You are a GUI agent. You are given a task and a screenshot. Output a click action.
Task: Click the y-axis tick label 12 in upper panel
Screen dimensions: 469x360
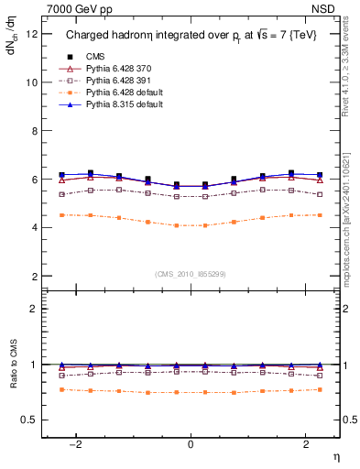[x=31, y=34]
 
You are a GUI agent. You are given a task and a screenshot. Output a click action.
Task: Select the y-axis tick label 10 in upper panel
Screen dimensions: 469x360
[x=31, y=82]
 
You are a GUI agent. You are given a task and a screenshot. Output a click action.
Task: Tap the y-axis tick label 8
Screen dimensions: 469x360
[x=34, y=131]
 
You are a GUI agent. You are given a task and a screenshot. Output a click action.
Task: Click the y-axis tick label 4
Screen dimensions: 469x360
[x=34, y=227]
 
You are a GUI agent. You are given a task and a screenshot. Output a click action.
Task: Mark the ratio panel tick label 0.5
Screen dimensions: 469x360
[x=29, y=420]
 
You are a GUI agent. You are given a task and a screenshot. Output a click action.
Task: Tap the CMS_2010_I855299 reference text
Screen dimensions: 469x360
[x=191, y=275]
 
